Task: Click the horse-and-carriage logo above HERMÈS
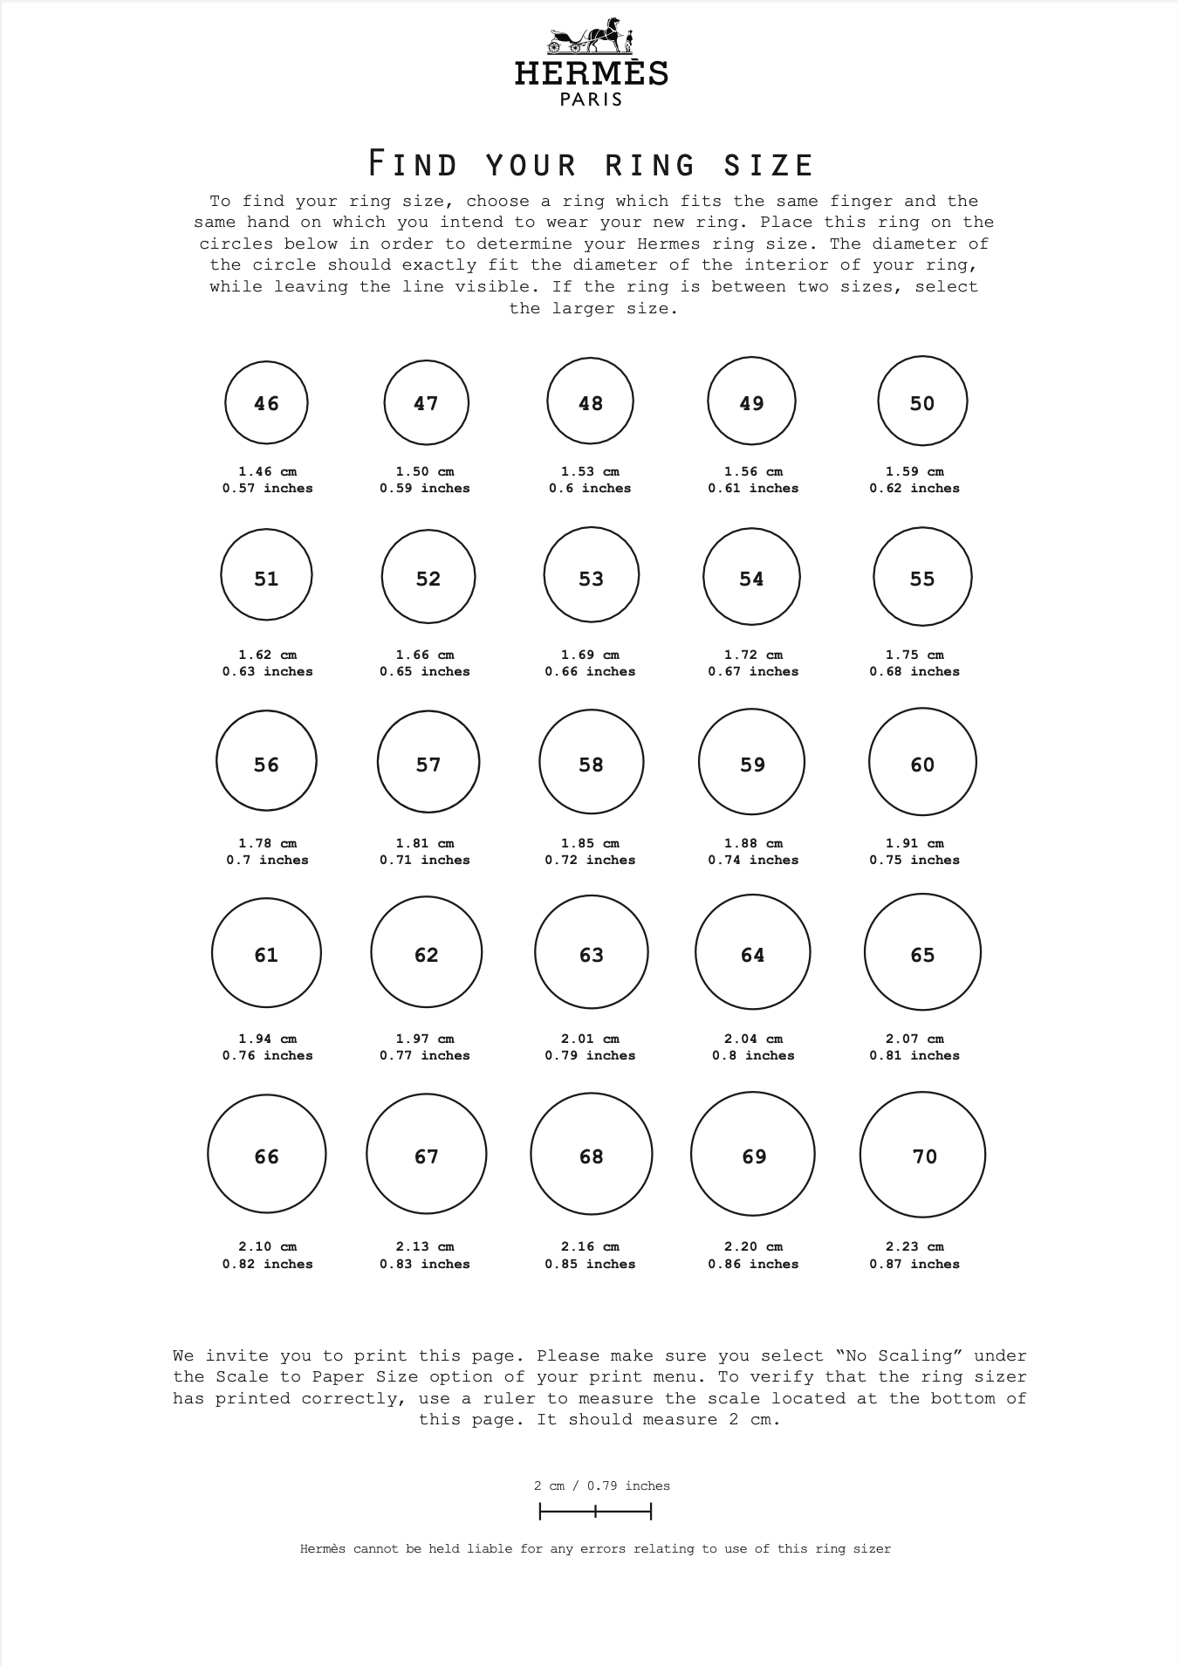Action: point(591,37)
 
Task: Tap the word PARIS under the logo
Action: point(591,99)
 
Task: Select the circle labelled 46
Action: point(266,402)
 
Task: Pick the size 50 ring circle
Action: point(922,401)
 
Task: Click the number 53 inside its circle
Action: point(592,579)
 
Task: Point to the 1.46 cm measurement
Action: point(267,471)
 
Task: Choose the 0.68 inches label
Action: point(914,671)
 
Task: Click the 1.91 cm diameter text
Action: point(914,843)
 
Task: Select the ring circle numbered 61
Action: point(266,953)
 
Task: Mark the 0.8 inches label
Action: point(752,1055)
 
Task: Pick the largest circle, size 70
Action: point(922,1155)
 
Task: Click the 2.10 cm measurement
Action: point(267,1246)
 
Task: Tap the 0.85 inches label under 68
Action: point(590,1264)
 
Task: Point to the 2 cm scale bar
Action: point(595,1511)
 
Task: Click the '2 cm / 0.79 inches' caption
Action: point(602,1485)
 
